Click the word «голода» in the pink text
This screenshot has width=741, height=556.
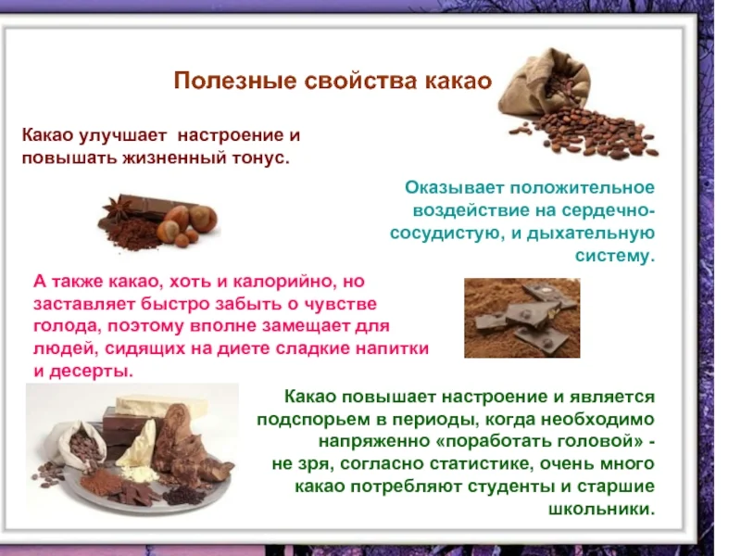[x=64, y=326]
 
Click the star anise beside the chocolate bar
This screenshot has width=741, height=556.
[x=118, y=208]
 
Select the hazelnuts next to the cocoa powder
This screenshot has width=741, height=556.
[x=188, y=222]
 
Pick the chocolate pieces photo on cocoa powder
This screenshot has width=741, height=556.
[x=521, y=318]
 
